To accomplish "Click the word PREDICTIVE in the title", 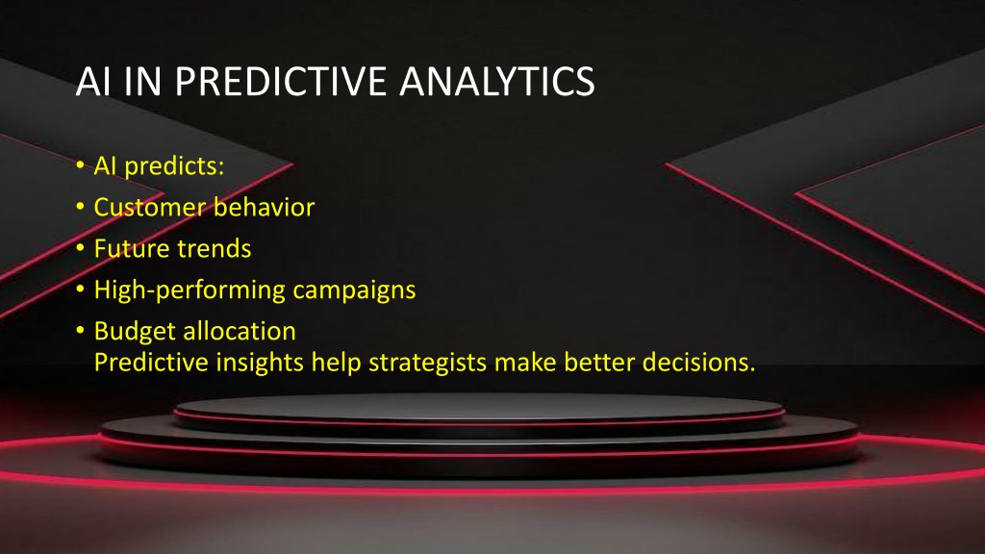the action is [280, 82].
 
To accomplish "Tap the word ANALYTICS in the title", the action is [497, 82].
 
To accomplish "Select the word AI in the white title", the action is [93, 82].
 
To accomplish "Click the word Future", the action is [130, 249].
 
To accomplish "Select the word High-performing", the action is [189, 290].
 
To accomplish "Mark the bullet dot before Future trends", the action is [81, 248].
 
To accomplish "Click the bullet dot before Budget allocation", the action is [81, 331].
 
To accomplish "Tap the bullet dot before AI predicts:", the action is [81, 165].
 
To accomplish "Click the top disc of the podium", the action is [479, 408].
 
